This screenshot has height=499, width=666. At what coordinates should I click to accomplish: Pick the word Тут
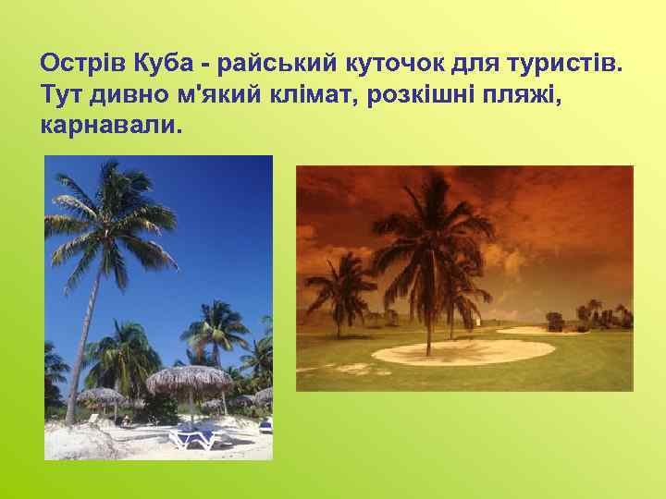pyautogui.click(x=61, y=93)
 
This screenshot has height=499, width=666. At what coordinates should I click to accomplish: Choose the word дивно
pyautogui.click(x=125, y=93)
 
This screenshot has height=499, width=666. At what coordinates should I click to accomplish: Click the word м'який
pyautogui.click(x=214, y=94)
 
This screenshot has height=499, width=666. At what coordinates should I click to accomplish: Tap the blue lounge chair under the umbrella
pyautogui.click(x=196, y=435)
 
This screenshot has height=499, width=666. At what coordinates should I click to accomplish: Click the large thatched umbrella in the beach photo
pyautogui.click(x=190, y=380)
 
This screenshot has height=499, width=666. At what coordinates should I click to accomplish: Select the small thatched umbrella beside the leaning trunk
pyautogui.click(x=102, y=397)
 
